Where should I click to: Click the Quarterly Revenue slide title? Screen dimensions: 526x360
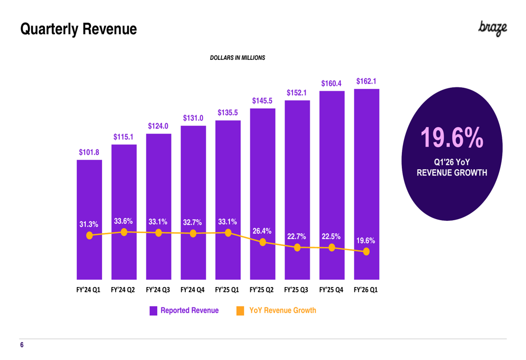[78, 29]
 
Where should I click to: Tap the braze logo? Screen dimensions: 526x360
[492, 28]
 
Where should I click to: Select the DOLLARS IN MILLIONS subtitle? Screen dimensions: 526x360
[238, 58]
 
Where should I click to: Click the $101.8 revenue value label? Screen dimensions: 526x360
[89, 152]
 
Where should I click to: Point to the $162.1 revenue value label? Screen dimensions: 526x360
[366, 81]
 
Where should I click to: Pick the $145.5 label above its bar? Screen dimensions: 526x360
[262, 100]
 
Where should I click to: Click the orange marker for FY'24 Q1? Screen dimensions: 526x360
[89, 235]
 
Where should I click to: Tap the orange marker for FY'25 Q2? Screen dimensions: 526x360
[262, 242]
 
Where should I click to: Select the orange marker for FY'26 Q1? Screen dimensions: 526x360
[366, 251]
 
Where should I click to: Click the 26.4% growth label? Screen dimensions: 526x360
[262, 231]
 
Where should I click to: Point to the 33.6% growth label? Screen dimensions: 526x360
[124, 221]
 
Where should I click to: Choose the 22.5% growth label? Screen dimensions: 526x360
[331, 236]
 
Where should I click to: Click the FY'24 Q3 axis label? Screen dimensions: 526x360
[158, 290]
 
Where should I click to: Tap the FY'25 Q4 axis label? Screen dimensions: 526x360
[331, 290]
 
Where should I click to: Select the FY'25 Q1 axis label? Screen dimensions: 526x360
[227, 290]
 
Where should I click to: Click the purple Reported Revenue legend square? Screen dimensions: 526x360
[153, 311]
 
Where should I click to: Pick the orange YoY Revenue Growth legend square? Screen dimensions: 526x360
[240, 311]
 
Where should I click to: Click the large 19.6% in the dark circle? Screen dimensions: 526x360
[452, 137]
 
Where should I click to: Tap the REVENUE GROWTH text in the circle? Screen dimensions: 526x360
[452, 172]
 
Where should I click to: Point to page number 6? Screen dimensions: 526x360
[22, 345]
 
